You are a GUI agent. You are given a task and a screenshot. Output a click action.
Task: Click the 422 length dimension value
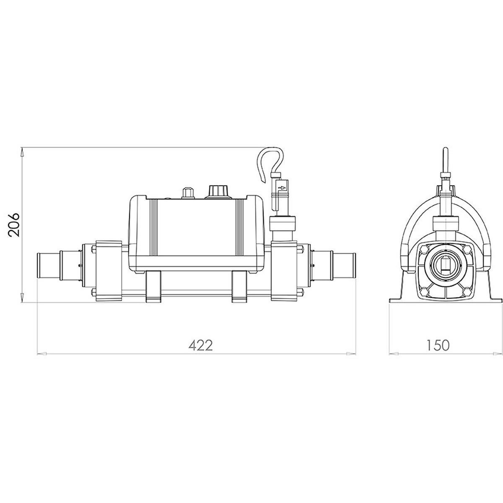point(201,345)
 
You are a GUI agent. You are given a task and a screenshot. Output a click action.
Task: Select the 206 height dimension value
point(14,225)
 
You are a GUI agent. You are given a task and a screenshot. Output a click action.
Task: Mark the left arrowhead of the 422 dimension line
point(41,354)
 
